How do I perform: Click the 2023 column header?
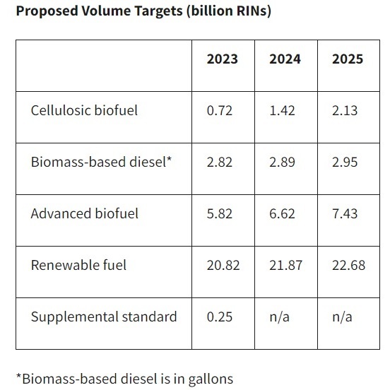point(222,59)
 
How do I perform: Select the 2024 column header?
point(285,59)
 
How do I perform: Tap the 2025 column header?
point(347,59)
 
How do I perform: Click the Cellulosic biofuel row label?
point(85,110)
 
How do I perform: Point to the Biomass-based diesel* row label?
point(100,162)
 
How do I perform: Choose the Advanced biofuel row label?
point(84,213)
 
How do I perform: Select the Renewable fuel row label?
point(78,265)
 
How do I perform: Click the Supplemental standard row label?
point(103,317)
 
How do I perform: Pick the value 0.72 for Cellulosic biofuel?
point(219,110)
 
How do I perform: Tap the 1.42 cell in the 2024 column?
point(282,110)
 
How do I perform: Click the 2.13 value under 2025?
point(345,110)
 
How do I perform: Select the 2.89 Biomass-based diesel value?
point(282,162)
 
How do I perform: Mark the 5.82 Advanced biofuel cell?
point(219,213)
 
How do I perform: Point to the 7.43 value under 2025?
point(345,213)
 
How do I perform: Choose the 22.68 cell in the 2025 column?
point(348,265)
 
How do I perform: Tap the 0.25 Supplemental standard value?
point(219,317)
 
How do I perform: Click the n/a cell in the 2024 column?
point(279,317)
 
